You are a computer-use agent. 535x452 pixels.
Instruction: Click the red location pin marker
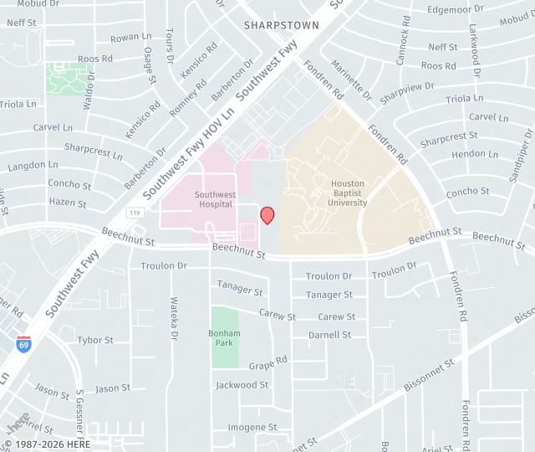tap(267, 215)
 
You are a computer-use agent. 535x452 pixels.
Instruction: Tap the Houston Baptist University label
tap(348, 193)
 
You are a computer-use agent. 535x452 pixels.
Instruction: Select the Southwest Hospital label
tap(215, 199)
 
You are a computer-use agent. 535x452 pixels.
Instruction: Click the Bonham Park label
tap(224, 338)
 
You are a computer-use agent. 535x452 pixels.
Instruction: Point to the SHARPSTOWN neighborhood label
tap(282, 26)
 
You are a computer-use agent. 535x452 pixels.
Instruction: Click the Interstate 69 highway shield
tap(23, 342)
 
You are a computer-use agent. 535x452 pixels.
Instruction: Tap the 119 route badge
tap(135, 213)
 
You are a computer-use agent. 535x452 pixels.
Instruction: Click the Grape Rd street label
tap(267, 363)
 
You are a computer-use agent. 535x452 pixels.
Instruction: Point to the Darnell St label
tap(329, 335)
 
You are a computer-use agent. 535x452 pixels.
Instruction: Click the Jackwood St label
tap(242, 385)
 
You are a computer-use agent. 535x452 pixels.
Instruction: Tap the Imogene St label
tap(252, 427)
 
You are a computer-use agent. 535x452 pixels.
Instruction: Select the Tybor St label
tap(95, 340)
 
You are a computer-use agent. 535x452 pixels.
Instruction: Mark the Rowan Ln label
tap(130, 38)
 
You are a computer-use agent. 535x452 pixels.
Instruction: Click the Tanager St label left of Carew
tap(240, 288)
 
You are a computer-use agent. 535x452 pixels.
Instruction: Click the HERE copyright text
tap(48, 444)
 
